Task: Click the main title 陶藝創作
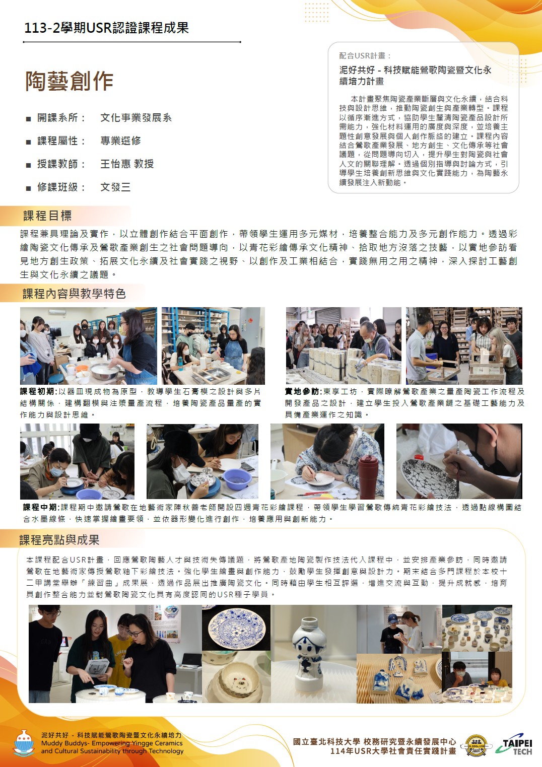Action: pos(70,81)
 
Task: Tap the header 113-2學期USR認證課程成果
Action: pos(106,28)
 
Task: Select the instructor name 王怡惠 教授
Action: pos(127,164)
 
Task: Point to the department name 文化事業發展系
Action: pos(136,117)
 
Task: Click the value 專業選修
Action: pos(121,141)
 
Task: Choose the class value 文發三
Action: pos(115,187)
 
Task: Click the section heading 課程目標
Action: pos(47,216)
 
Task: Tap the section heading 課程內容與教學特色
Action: pos(74,294)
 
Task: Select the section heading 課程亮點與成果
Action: pos(59,540)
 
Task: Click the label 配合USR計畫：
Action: pos(365,55)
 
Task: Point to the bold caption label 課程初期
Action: pos(38,391)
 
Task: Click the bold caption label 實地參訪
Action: pos(302,391)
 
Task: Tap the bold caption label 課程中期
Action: pos(41,507)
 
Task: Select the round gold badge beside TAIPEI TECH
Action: pos(477,746)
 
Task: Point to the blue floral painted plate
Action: pos(236,626)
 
